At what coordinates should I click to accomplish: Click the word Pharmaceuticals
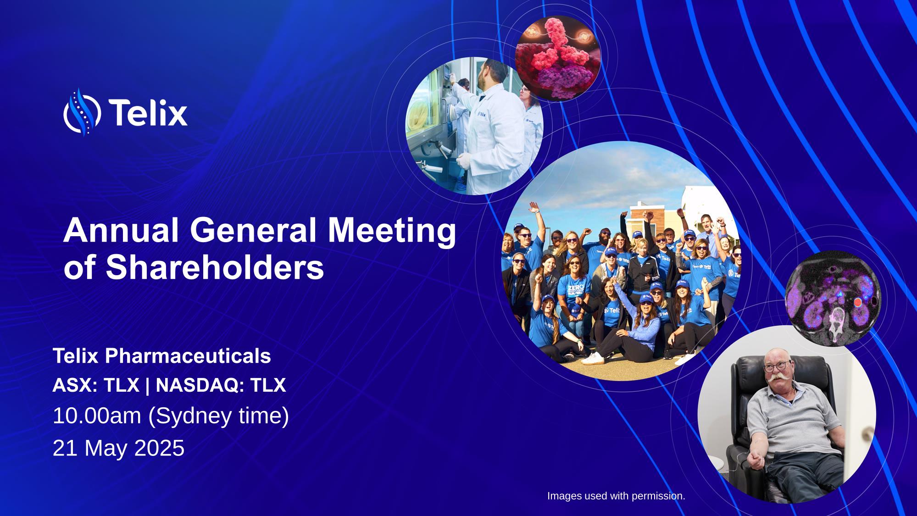(x=188, y=356)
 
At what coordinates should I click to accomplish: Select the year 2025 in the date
(x=159, y=448)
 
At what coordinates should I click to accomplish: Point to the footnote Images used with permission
(x=616, y=496)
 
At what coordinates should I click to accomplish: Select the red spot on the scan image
(x=858, y=302)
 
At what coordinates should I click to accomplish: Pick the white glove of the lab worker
(x=465, y=160)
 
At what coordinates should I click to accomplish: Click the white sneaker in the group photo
(x=593, y=358)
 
